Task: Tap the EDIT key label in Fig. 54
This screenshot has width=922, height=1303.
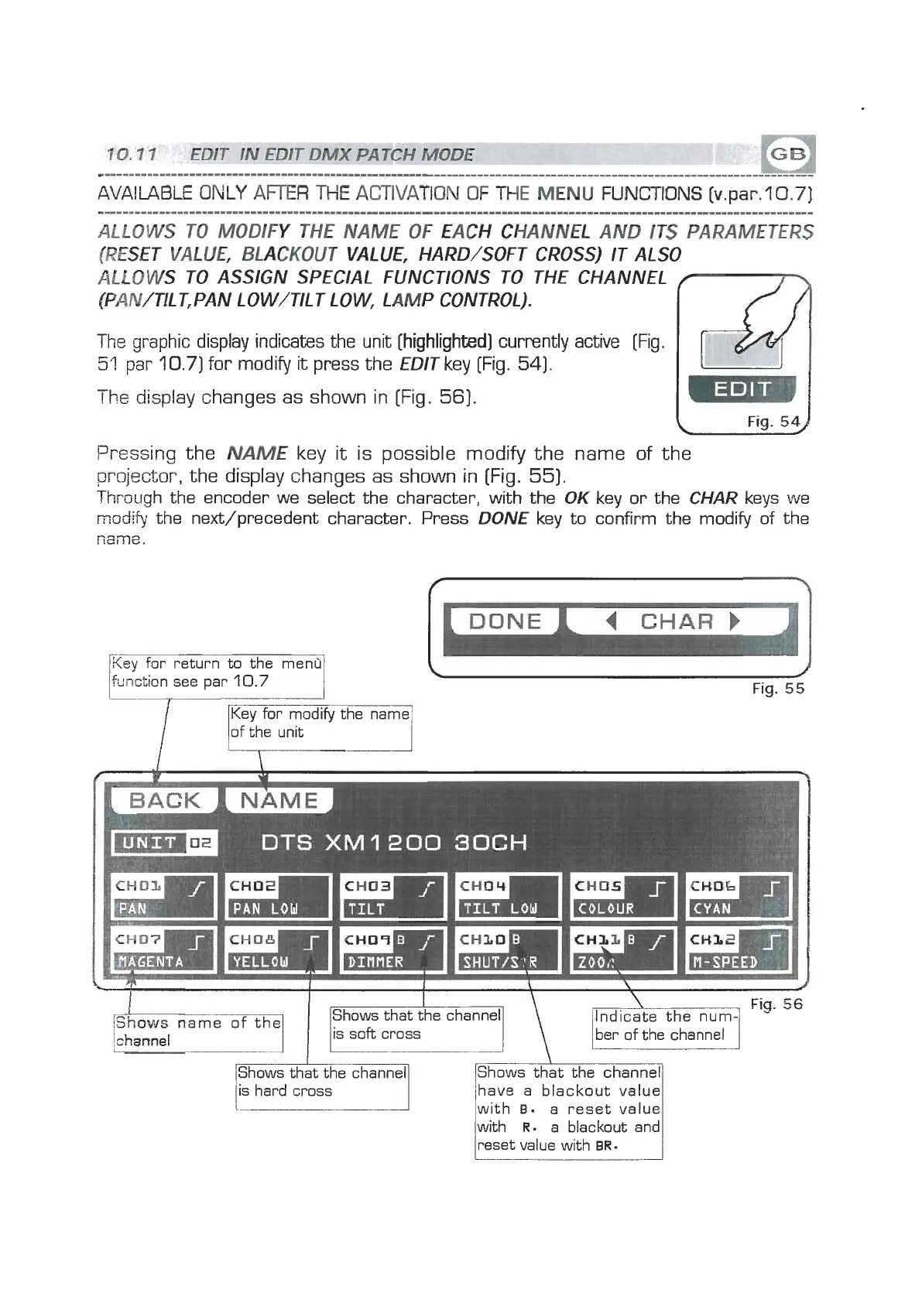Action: click(741, 389)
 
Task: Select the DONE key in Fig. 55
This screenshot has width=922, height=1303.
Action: click(505, 621)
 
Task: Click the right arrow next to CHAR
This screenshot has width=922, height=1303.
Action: click(735, 621)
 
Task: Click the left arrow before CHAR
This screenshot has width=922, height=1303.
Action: click(611, 621)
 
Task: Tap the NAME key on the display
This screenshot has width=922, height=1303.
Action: click(279, 800)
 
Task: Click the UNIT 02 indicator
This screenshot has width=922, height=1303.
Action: click(165, 843)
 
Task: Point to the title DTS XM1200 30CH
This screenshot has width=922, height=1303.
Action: click(394, 843)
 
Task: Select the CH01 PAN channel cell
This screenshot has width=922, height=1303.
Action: click(164, 896)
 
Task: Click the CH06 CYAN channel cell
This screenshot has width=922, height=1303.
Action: click(739, 896)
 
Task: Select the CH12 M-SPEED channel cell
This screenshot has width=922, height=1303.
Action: click(739, 949)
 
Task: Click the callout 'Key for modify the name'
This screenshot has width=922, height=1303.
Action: click(320, 723)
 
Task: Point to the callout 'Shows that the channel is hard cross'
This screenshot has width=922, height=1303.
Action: click(322, 1082)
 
